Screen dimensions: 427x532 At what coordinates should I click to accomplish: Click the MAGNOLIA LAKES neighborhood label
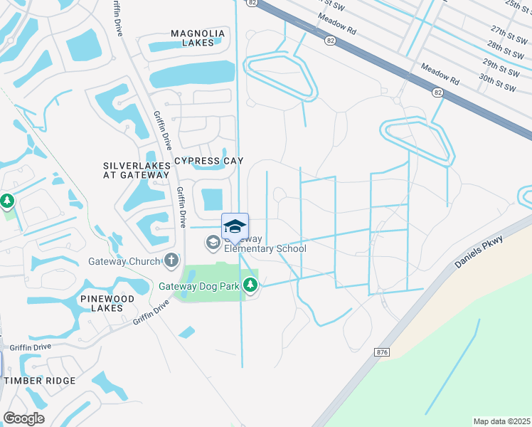pyautogui.click(x=198, y=38)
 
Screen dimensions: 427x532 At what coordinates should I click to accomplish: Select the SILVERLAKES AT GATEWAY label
pyautogui.click(x=137, y=170)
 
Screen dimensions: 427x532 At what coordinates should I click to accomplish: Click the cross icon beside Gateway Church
pyautogui.click(x=171, y=260)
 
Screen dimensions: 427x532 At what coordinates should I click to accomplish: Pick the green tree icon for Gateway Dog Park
pyautogui.click(x=250, y=286)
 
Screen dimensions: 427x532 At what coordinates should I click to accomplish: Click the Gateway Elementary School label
pyautogui.click(x=265, y=244)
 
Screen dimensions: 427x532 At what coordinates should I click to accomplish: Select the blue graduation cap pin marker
pyautogui.click(x=235, y=227)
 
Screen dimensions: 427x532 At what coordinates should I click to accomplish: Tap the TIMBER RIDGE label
pyautogui.click(x=40, y=381)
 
